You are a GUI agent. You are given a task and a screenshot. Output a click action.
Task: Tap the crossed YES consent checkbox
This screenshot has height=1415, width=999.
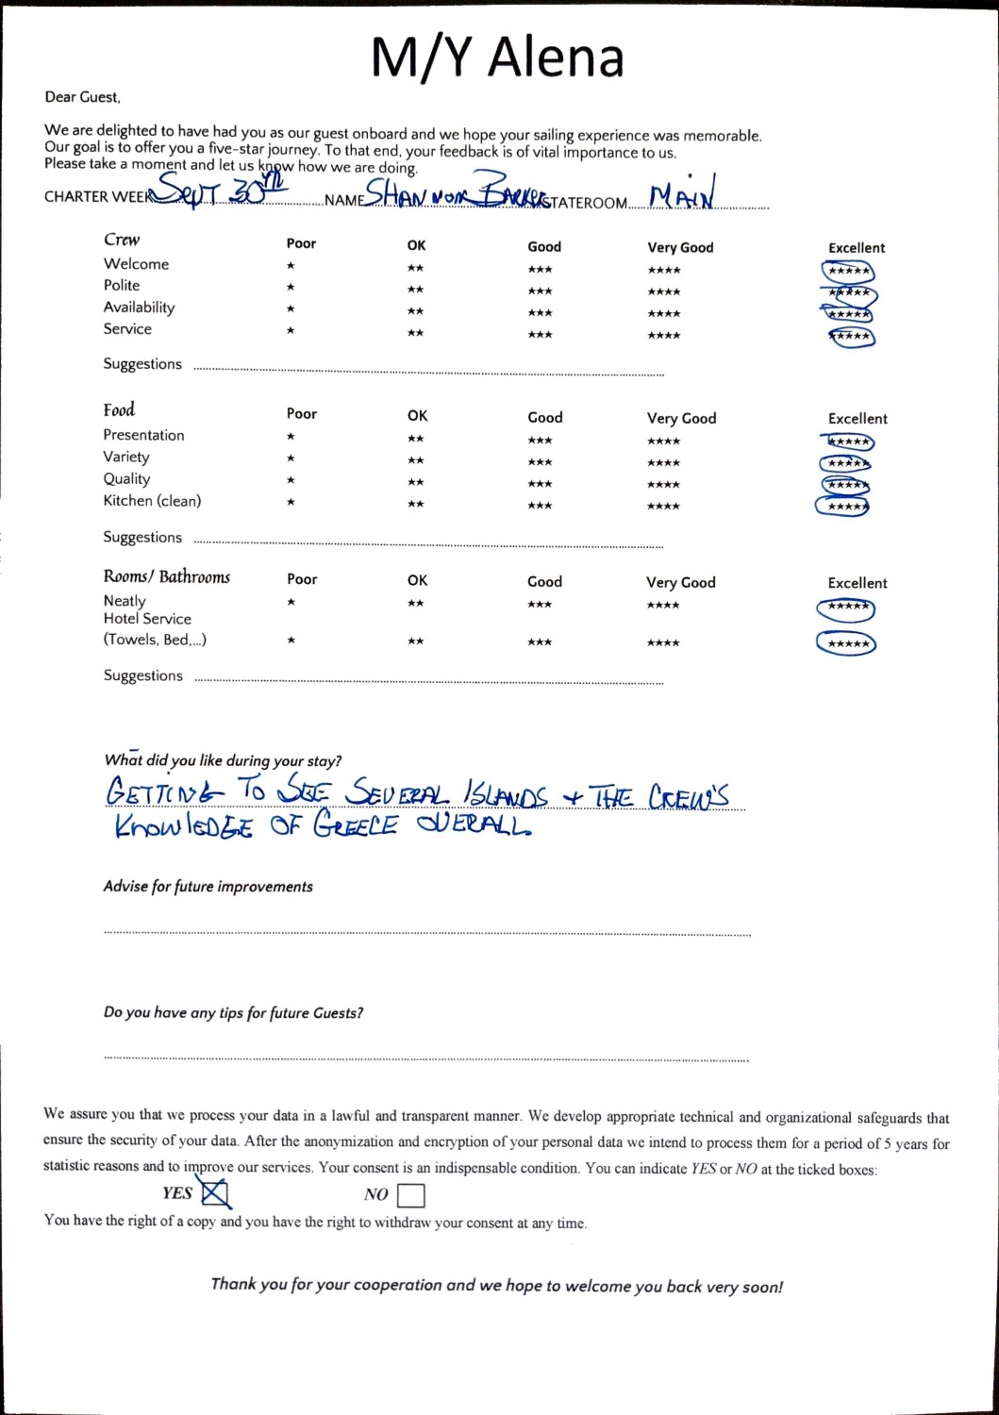(x=216, y=1194)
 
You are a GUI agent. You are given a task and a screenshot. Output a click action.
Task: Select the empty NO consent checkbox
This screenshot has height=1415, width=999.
(x=411, y=1196)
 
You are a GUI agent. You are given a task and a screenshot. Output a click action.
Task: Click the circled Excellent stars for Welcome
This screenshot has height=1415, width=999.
(x=848, y=272)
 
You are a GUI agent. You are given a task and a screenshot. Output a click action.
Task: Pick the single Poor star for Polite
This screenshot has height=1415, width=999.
(x=291, y=288)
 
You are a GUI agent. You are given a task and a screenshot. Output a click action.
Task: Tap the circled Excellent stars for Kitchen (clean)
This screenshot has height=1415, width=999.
(x=842, y=507)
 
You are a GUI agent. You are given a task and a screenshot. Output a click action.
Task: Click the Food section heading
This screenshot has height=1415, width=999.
(x=119, y=409)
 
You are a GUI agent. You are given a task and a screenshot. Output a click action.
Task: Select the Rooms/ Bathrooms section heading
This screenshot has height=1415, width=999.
(x=167, y=576)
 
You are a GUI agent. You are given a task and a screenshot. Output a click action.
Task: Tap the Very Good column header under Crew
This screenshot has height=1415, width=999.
(x=680, y=248)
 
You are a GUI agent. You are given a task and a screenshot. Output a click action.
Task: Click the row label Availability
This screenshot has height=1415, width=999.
(x=139, y=308)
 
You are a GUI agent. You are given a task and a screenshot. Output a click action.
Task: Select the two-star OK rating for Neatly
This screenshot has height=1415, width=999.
(x=415, y=604)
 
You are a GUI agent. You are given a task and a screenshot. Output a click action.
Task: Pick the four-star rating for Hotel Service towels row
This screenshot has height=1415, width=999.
(x=663, y=643)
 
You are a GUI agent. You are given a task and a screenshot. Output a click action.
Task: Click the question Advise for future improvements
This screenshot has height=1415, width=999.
(x=208, y=887)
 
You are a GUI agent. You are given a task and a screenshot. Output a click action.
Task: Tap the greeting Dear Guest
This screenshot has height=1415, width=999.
(x=82, y=97)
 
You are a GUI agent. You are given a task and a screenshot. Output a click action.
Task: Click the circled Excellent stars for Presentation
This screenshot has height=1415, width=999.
(x=847, y=442)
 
